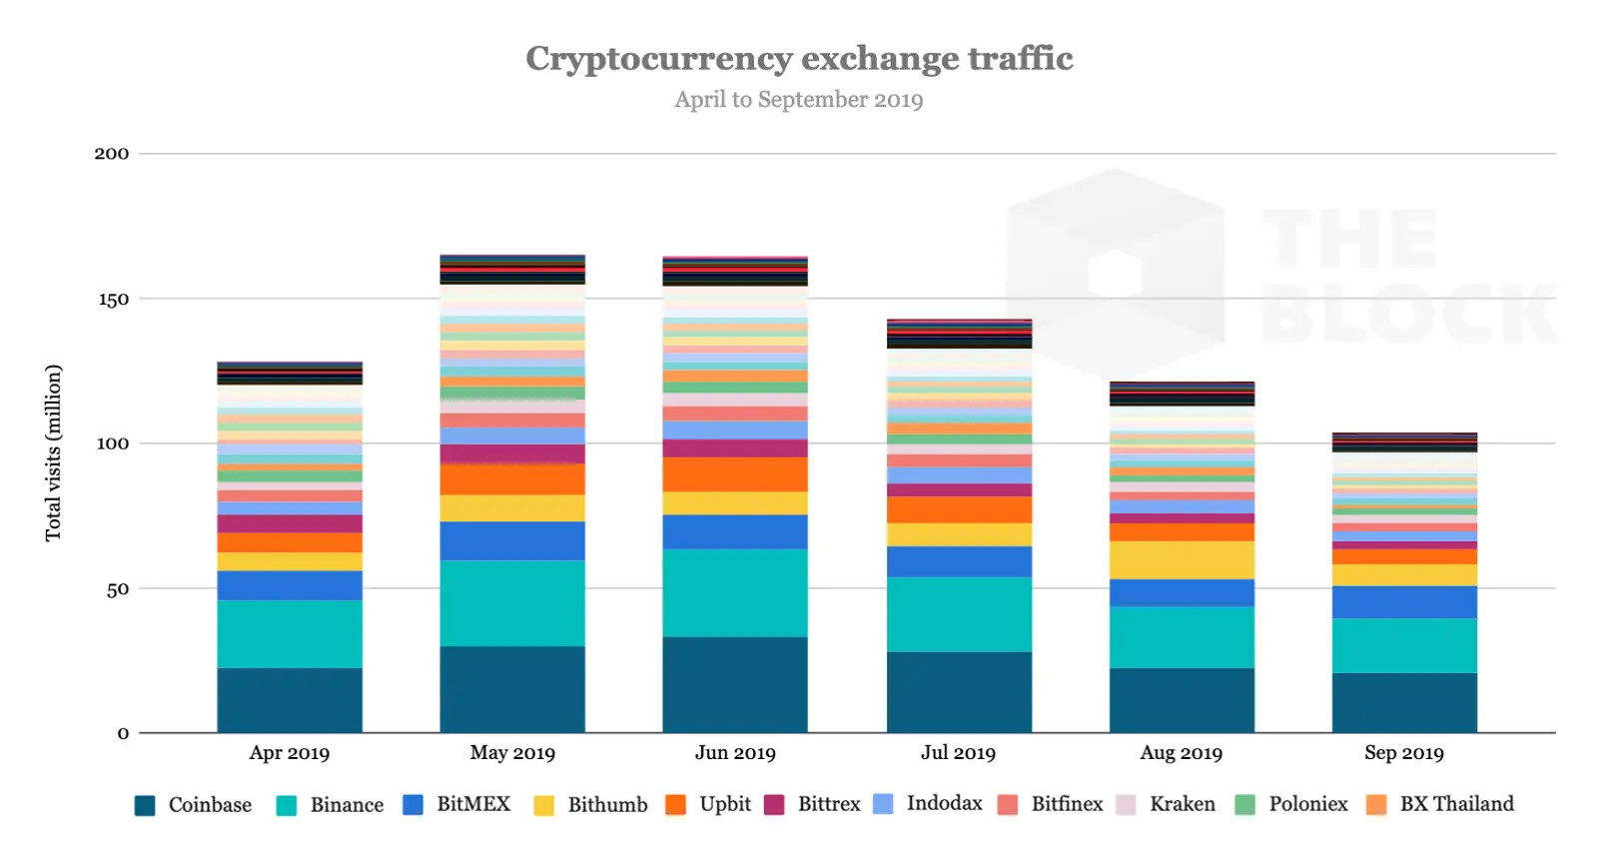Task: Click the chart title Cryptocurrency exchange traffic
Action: (799, 59)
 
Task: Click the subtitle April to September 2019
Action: (798, 100)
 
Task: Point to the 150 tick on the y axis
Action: (113, 300)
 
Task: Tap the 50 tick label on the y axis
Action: (117, 589)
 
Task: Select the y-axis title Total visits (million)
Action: (53, 452)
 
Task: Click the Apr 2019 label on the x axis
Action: (289, 753)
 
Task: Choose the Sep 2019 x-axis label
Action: (1403, 753)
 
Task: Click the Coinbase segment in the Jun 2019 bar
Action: (735, 684)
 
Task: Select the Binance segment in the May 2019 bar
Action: (512, 603)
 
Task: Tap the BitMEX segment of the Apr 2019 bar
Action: (290, 585)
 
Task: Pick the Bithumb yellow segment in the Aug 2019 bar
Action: (1182, 560)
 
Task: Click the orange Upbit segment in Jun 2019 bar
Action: (735, 474)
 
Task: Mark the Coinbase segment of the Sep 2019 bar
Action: (1403, 702)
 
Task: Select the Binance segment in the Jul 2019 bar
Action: (959, 614)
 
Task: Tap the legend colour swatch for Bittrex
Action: (774, 805)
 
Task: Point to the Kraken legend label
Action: (1182, 804)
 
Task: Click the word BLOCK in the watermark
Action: (1408, 314)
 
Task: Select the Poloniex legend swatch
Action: (1244, 805)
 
